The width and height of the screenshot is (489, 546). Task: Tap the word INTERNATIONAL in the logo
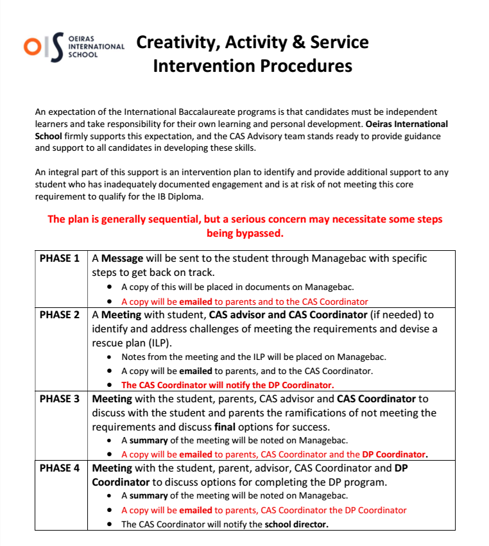[96, 47]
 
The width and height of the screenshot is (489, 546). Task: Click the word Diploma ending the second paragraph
[190, 196]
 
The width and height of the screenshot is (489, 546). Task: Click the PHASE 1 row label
[60, 259]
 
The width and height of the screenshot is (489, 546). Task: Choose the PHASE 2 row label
[60, 315]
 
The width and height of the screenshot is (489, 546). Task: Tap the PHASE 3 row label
[60, 398]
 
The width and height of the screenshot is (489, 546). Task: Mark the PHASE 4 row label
[60, 468]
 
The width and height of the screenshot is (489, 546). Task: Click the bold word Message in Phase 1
[122, 259]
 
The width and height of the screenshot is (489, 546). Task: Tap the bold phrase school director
[296, 524]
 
